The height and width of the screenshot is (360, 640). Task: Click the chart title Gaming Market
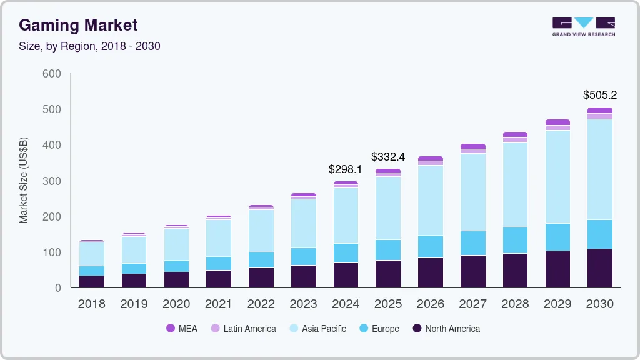point(78,25)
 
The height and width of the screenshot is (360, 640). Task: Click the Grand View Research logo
point(583,26)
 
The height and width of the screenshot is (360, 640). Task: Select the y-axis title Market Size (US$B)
point(24,180)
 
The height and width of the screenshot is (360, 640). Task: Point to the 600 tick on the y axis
point(52,74)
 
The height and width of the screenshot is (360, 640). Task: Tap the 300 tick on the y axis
point(52,181)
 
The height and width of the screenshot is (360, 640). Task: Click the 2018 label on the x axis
point(91,304)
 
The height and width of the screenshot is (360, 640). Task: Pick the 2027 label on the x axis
point(472,304)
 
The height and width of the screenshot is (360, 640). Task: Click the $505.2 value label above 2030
point(599,95)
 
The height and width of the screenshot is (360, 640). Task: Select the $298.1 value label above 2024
point(346,169)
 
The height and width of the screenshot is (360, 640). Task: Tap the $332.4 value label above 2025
point(388,156)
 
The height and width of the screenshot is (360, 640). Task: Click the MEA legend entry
point(181,329)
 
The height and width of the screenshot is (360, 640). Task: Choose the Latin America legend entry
point(243,329)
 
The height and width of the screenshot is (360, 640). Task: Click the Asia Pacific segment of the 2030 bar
point(600,169)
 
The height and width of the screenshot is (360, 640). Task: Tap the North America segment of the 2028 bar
point(515,270)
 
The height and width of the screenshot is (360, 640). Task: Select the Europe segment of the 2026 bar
point(431,246)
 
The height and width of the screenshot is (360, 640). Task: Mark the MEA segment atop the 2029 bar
point(557,122)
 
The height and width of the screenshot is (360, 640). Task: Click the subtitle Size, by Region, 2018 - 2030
point(90,46)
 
